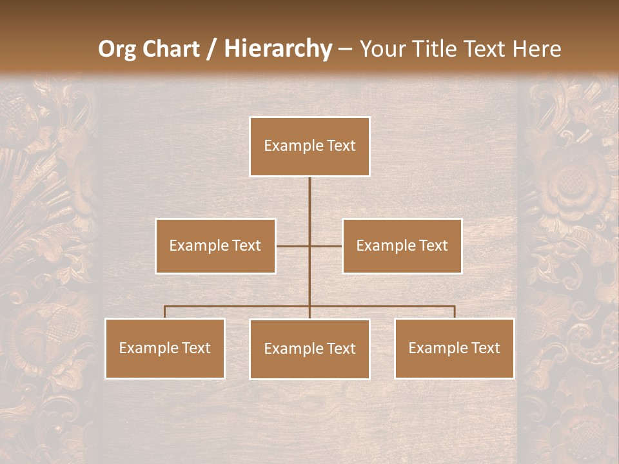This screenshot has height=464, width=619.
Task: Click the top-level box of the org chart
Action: click(309, 146)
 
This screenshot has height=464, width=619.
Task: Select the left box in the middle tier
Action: click(215, 246)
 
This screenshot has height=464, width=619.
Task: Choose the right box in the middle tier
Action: click(402, 246)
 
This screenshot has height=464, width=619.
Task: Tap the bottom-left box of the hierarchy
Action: click(165, 348)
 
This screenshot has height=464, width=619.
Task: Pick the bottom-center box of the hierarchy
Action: click(309, 349)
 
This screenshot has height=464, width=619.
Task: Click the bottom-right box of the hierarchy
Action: click(454, 348)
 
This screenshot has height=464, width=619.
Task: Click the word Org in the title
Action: click(117, 49)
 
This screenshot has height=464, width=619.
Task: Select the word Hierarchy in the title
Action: click(277, 49)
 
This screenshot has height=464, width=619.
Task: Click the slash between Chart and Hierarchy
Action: click(211, 49)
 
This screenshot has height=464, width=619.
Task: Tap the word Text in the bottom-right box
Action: click(486, 348)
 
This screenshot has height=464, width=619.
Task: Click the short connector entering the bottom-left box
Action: click(164, 312)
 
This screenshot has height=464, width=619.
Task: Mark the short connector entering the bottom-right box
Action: click(455, 312)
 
